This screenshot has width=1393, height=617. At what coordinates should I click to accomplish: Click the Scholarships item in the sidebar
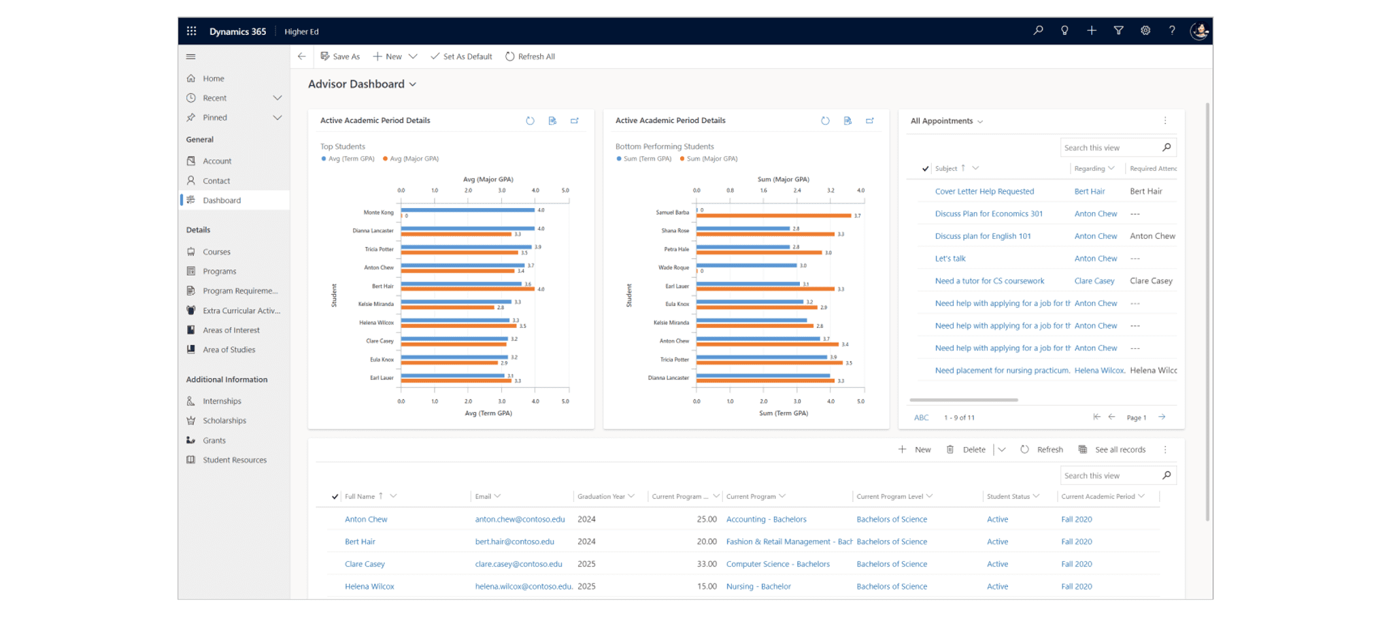click(x=224, y=420)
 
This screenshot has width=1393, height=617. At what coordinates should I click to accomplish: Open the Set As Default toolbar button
click(x=461, y=56)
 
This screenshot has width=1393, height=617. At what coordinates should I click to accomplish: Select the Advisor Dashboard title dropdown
click(x=362, y=84)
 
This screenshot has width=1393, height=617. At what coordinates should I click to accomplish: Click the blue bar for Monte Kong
click(x=467, y=210)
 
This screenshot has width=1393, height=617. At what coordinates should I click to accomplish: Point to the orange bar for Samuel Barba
click(x=773, y=216)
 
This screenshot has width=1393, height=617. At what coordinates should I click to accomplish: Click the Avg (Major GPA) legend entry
click(x=414, y=159)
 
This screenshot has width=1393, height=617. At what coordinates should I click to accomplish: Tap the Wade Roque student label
click(x=673, y=267)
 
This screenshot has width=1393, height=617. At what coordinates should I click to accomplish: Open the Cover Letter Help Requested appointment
click(x=984, y=191)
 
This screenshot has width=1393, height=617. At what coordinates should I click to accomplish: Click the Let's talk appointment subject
click(x=950, y=259)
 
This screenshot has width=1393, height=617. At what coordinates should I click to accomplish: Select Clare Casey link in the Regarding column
click(x=1094, y=281)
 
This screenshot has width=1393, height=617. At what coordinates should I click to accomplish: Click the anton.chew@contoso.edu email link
click(x=520, y=519)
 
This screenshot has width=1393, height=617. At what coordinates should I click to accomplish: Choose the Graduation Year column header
click(x=601, y=497)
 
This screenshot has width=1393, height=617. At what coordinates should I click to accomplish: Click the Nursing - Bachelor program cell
click(x=758, y=586)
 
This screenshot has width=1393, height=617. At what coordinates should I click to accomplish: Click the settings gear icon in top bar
click(x=1145, y=31)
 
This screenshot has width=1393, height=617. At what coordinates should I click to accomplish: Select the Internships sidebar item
click(x=222, y=401)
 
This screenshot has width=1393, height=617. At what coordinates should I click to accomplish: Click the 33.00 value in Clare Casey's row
click(x=707, y=564)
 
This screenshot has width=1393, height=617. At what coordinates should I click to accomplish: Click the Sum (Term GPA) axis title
click(x=784, y=413)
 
